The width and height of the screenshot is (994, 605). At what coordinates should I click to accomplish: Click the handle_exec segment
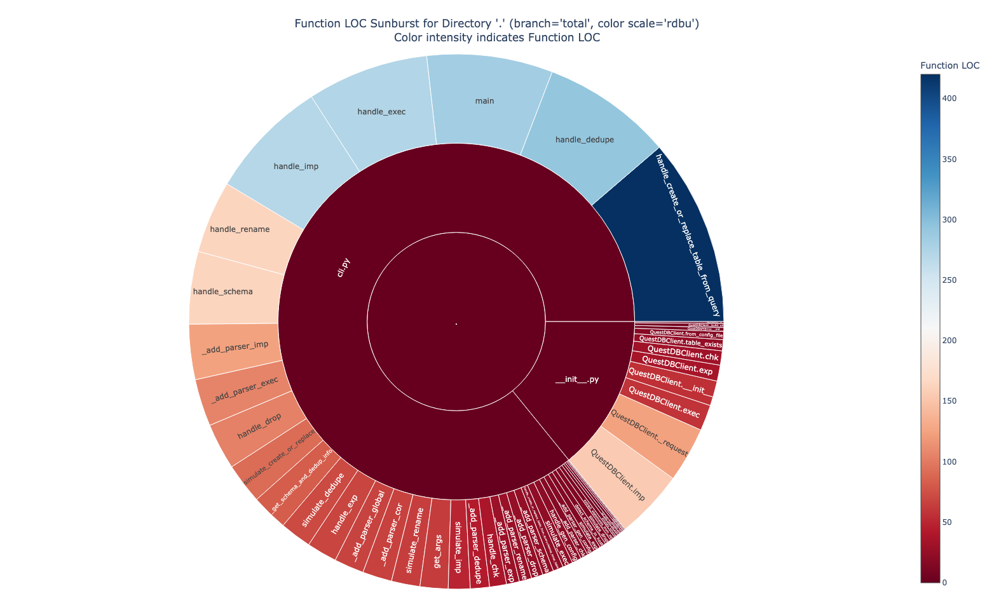pos(381,112)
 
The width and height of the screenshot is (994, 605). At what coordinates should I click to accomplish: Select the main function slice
pos(485,101)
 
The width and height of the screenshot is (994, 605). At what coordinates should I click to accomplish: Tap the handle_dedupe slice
pos(584,139)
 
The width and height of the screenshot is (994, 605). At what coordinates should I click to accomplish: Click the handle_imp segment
pos(296,167)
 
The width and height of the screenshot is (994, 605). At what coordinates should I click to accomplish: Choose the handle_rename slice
pos(240,229)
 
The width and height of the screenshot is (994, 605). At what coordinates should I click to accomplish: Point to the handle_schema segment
pos(222,292)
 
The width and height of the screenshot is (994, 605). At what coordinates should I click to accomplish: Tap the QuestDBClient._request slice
pos(648,434)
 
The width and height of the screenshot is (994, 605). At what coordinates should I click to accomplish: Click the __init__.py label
pos(577,380)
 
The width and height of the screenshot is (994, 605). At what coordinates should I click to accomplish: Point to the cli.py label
pos(344,267)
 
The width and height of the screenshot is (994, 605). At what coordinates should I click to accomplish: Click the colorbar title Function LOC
pos(950,65)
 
